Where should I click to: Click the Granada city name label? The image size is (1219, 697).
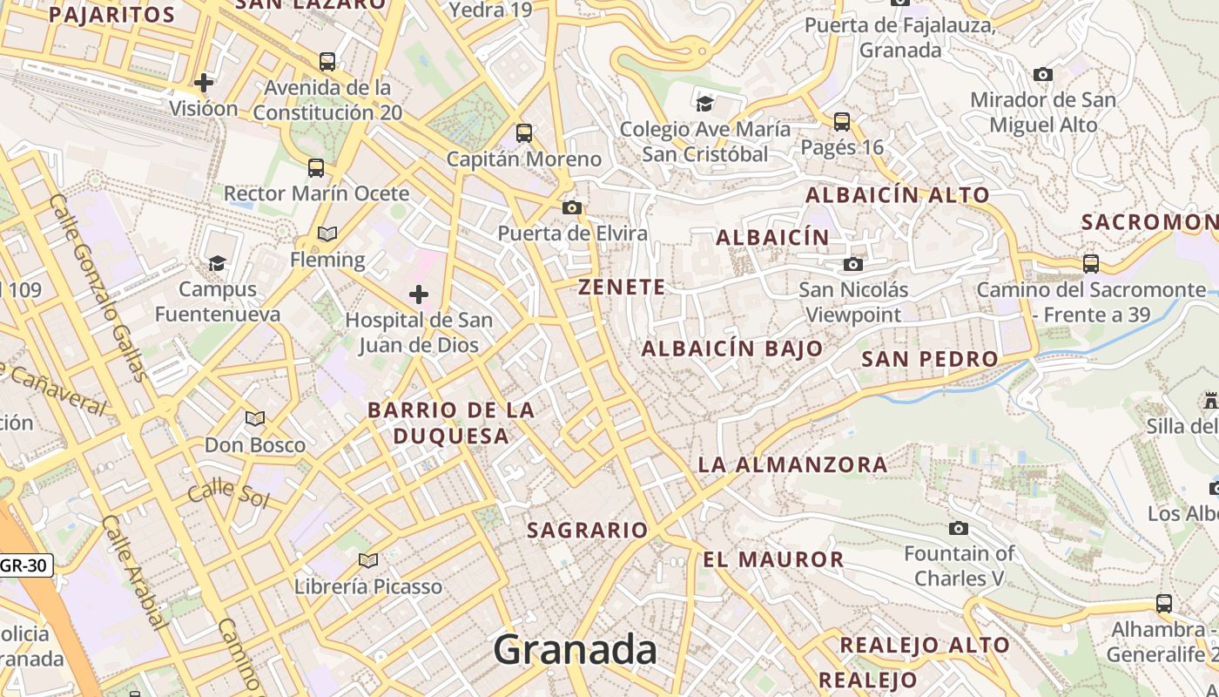[576, 650]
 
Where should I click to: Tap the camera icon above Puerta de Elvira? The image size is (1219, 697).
[572, 207]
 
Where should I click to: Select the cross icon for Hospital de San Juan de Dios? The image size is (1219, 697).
[419, 294]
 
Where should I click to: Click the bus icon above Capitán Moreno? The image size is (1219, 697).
[524, 133]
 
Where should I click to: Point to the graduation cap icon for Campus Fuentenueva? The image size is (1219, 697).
[217, 263]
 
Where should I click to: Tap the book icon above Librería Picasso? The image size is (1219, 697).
[368, 560]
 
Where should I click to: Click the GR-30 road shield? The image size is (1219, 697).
[24, 565]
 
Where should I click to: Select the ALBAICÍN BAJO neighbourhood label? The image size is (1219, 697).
[732, 348]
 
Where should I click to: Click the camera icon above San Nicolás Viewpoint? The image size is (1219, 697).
[853, 264]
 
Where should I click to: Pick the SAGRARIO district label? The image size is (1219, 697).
[588, 530]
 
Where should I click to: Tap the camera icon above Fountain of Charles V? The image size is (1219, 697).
[959, 528]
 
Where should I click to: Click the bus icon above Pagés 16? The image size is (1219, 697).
[842, 122]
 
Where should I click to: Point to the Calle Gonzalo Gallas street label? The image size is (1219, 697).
[98, 288]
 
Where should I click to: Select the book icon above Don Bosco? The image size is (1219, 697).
[255, 419]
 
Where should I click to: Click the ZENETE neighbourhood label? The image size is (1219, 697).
[622, 287]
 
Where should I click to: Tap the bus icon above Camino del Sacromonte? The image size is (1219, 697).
[1091, 263]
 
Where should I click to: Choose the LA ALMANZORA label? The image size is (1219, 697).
[792, 464]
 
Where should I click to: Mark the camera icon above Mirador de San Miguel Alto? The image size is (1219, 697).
[1043, 75]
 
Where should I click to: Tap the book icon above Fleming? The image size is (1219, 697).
[327, 234]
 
